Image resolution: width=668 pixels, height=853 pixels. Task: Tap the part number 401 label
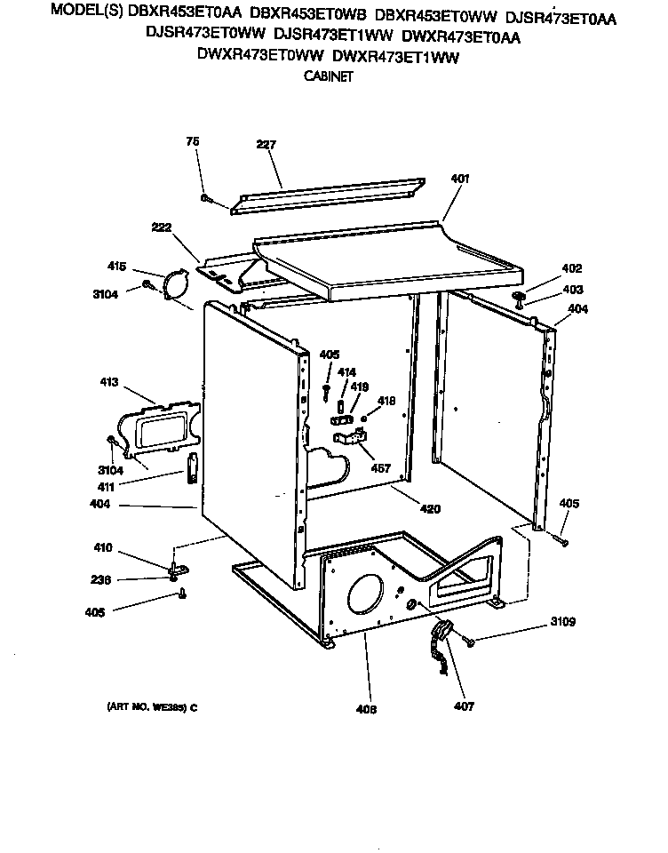459,178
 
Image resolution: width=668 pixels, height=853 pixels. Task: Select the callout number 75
192,141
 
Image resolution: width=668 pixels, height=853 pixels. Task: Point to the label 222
161,228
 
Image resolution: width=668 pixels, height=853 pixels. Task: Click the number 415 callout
117,266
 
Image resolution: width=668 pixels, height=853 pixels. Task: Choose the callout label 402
571,268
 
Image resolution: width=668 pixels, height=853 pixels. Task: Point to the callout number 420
429,509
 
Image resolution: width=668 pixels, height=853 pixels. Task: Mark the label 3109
562,622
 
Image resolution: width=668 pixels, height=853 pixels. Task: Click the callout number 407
463,706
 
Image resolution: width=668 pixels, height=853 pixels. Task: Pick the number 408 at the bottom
366,709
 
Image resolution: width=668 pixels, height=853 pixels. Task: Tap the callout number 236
102,580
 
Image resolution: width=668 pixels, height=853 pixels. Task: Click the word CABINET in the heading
329,76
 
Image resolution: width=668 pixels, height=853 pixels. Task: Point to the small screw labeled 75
205,198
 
